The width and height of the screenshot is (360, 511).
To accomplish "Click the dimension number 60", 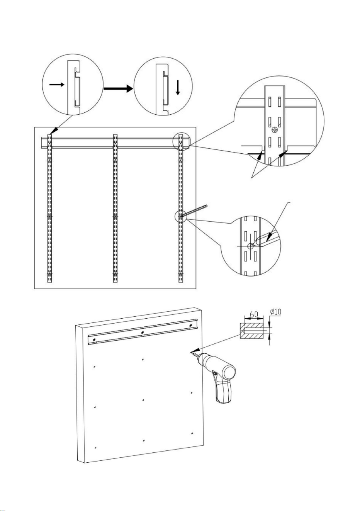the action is (x=254, y=314).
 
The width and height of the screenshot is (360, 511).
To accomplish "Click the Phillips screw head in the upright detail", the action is (x=275, y=131).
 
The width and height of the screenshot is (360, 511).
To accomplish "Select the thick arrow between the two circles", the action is (x=118, y=88).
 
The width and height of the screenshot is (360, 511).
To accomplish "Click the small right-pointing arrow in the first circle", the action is (x=57, y=85).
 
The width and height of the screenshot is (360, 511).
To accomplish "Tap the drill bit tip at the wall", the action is (x=191, y=353).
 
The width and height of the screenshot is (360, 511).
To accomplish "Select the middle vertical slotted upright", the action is (x=115, y=209).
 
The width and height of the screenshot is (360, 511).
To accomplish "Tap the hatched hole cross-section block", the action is (x=251, y=331).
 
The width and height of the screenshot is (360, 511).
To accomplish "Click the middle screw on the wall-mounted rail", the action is (x=143, y=333).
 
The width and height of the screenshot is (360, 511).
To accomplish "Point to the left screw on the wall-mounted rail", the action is (x=94, y=340).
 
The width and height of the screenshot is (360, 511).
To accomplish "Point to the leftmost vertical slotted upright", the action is (x=50, y=209).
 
